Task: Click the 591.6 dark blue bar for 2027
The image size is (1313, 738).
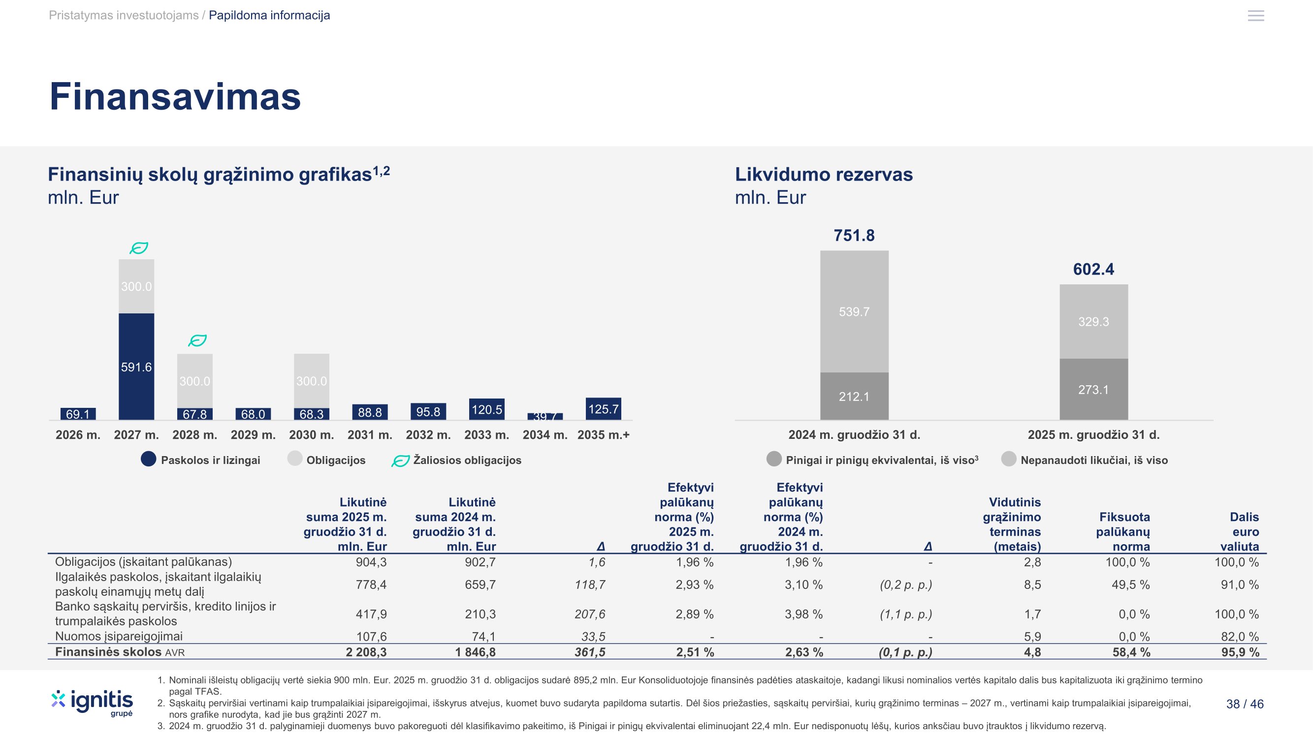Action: [136, 366]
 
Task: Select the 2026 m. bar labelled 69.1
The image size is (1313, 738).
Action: [78, 414]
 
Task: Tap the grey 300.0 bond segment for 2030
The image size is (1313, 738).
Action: [312, 380]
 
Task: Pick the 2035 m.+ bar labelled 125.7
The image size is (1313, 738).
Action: [603, 409]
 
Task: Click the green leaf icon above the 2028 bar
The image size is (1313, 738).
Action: [197, 340]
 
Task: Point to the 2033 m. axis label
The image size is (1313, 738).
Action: [486, 435]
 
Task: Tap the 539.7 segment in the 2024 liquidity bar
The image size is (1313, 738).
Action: [854, 311]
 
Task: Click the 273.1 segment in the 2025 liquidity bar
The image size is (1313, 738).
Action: [1093, 390]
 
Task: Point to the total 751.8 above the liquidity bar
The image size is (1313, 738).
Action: [854, 235]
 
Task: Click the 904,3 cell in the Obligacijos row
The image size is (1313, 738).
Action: [371, 562]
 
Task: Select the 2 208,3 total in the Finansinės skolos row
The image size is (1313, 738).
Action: [366, 652]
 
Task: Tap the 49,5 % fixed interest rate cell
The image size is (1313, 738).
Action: [1130, 584]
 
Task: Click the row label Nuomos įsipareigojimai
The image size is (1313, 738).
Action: [119, 636]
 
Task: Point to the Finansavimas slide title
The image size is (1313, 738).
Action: [175, 96]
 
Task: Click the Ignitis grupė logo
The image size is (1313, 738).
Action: [92, 703]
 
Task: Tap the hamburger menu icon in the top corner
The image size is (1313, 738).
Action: [1255, 16]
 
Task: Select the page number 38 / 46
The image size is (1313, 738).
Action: [1245, 704]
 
